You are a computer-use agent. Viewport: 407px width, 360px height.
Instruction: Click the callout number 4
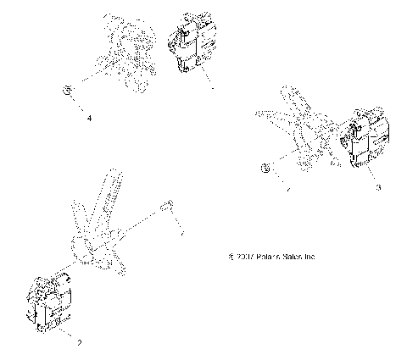(89, 118)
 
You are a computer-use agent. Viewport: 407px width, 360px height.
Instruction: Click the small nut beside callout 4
(65, 89)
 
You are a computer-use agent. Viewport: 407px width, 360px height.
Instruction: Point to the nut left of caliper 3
(265, 167)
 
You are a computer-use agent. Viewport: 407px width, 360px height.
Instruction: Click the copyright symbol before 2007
(231, 255)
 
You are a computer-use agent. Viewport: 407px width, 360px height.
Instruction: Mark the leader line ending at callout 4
(78, 104)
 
